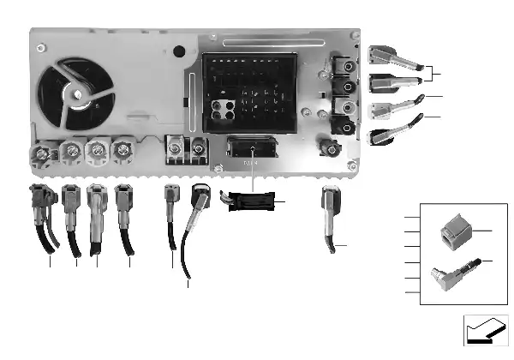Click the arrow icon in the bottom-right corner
point(483,331)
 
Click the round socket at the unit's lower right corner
point(329,149)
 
